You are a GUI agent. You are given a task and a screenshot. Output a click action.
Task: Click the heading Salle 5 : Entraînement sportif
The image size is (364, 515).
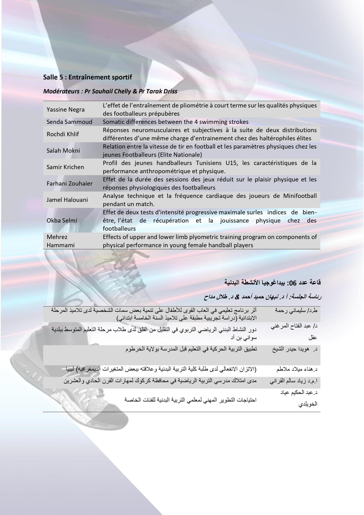coord(87,77)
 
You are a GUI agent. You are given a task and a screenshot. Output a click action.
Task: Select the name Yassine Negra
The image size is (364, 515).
coord(65,110)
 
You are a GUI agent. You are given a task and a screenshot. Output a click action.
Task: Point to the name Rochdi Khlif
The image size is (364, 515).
coord(63,134)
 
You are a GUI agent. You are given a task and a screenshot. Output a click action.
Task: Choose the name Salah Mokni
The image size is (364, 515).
coord(63,151)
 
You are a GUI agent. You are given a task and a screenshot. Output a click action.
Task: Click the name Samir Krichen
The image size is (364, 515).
coord(65,167)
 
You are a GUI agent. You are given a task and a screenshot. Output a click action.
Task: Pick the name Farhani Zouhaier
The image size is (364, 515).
coord(70,184)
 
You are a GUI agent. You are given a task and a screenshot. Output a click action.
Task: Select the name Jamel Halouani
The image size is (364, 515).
coord(67,200)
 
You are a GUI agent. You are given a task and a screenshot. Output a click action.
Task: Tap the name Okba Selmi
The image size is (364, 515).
coord(62,220)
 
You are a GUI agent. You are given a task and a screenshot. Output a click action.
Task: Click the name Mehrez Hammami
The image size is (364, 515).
coord(60,241)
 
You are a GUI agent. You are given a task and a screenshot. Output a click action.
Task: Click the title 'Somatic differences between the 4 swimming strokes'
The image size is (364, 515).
coord(175,122)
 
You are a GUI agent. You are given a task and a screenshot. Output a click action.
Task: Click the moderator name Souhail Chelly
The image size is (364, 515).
coord(111,91)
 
